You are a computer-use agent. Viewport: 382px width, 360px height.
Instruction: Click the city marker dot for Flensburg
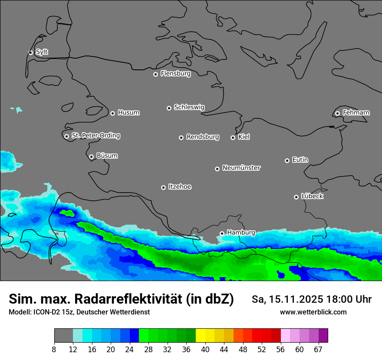(155, 74)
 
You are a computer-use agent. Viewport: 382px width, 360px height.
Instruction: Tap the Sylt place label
(42, 52)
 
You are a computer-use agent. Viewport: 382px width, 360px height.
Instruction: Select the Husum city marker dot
(112, 113)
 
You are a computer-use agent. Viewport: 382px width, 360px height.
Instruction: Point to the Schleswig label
(189, 107)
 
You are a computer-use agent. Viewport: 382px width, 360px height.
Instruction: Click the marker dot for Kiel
(233, 137)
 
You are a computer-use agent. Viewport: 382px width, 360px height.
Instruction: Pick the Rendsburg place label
(202, 137)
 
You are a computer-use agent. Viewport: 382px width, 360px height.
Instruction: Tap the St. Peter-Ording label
(95, 136)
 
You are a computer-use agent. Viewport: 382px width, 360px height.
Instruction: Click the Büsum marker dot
(91, 157)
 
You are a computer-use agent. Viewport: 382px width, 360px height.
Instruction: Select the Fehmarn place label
(356, 113)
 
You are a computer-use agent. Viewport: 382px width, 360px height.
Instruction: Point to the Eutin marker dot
(287, 160)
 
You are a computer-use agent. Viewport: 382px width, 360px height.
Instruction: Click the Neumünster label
(241, 168)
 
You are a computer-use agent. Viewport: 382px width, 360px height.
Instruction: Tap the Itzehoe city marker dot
(163, 187)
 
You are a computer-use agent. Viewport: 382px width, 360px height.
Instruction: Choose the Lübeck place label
(312, 196)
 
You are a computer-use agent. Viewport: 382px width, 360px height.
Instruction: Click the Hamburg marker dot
(222, 233)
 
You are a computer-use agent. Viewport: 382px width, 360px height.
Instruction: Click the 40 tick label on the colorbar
(205, 350)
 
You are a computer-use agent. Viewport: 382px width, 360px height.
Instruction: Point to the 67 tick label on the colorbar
(318, 350)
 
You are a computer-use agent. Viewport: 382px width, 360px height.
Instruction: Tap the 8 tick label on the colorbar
(54, 350)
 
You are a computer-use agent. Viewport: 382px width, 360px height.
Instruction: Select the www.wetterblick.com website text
(313, 312)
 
